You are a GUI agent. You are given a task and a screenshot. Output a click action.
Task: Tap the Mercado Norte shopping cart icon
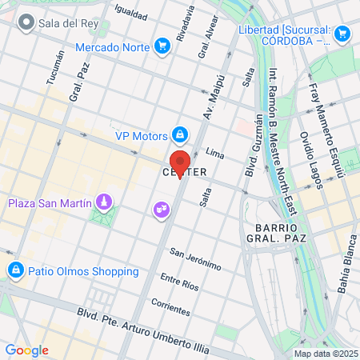[x=163, y=46]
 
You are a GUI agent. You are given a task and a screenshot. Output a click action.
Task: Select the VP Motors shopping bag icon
[x=180, y=134]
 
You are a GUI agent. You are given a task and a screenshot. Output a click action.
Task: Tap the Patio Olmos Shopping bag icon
[x=14, y=270]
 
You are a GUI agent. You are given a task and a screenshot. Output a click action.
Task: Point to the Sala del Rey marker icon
[x=26, y=22]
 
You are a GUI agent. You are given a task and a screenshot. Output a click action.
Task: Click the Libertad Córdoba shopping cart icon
[x=342, y=34]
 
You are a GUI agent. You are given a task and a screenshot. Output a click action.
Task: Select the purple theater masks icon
[x=160, y=210]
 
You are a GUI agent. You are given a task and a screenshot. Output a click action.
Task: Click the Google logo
[x=26, y=350]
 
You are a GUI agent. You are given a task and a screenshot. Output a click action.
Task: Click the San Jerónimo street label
[x=195, y=258]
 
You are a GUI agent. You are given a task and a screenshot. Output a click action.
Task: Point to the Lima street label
[x=214, y=151]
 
